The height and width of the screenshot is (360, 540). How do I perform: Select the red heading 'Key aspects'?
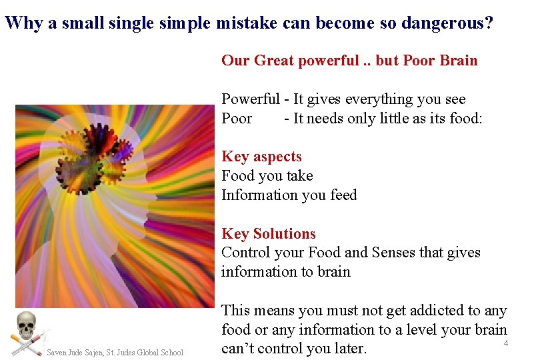261,157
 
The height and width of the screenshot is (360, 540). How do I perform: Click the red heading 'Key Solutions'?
269,234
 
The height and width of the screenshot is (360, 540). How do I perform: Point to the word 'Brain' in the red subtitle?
459,61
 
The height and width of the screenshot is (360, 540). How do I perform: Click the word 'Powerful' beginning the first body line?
251,99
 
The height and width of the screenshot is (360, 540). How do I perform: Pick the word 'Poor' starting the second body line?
237,119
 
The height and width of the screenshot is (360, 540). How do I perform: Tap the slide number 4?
506,343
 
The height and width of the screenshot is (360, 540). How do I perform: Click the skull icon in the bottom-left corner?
26,326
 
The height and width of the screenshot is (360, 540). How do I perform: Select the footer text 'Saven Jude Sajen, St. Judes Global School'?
115,352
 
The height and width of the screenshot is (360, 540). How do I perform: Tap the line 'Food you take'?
267,176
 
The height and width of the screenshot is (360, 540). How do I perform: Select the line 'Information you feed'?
289,195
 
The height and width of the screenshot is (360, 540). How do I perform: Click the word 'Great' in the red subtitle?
272,61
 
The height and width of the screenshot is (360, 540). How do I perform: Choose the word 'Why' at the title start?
23,24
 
